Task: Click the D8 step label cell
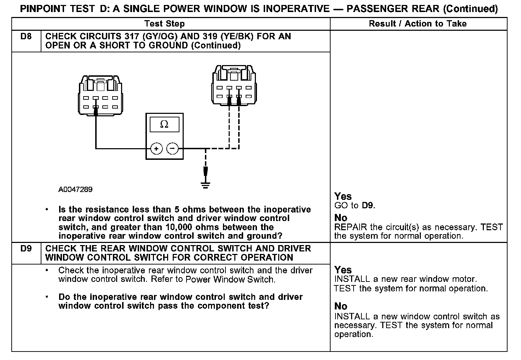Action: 26,37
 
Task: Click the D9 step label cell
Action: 26,249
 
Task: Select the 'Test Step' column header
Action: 164,24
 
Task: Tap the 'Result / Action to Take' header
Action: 418,24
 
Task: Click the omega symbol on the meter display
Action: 164,124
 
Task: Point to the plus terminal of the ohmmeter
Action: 156,149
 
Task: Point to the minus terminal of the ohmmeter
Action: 172,149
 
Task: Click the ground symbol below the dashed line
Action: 205,184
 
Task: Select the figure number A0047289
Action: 75,190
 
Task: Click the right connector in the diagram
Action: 234,85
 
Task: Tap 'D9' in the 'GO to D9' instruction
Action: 368,205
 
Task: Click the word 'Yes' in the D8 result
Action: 343,196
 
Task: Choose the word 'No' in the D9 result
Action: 341,306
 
